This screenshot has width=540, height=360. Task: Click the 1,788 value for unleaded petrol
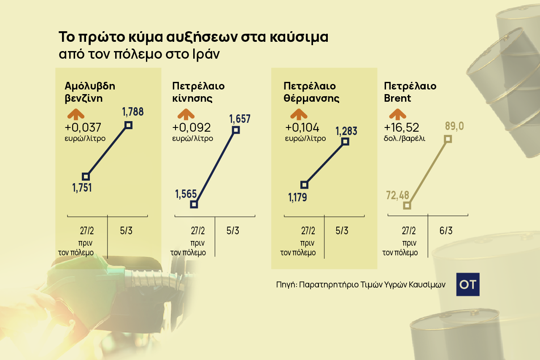click(133, 112)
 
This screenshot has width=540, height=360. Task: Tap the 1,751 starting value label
click(82, 188)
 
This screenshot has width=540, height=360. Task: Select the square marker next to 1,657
click(236, 130)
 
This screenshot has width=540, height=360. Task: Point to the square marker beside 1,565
click(194, 205)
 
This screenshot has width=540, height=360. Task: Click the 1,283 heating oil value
click(346, 131)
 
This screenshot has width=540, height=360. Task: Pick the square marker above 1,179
click(305, 185)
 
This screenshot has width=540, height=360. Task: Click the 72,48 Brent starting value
click(398, 195)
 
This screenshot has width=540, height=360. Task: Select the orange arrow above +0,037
click(75, 114)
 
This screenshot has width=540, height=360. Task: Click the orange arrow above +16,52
click(397, 114)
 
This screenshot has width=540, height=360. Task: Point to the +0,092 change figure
click(191, 127)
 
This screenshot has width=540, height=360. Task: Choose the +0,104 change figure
click(302, 127)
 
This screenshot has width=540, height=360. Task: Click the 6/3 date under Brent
click(446, 231)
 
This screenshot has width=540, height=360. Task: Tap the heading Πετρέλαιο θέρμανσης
click(311, 92)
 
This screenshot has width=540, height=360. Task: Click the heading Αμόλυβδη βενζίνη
click(90, 92)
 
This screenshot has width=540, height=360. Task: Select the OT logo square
click(468, 284)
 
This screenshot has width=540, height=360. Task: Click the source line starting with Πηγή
click(361, 284)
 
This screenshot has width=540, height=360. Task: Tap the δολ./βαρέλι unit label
click(405, 138)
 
